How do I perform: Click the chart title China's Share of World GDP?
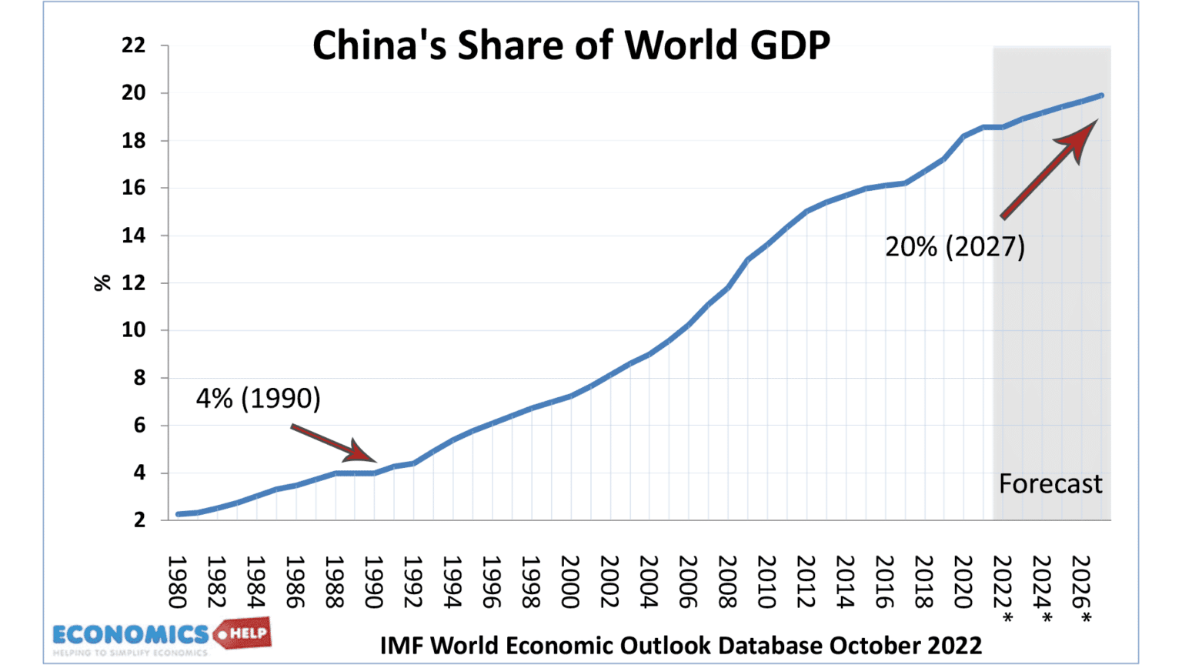[571, 45]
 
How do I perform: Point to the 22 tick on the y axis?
[133, 46]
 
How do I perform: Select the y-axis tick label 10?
[133, 330]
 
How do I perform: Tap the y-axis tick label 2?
[139, 520]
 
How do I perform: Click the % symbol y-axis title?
[102, 283]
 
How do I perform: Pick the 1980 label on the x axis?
[178, 582]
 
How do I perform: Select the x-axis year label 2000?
[570, 582]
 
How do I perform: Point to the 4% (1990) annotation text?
[258, 398]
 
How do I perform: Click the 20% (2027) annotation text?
[954, 246]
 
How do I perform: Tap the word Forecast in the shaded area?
[1050, 483]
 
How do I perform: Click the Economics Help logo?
[162, 637]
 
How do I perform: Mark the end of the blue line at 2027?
[1101, 95]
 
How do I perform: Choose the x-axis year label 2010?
[766, 582]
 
